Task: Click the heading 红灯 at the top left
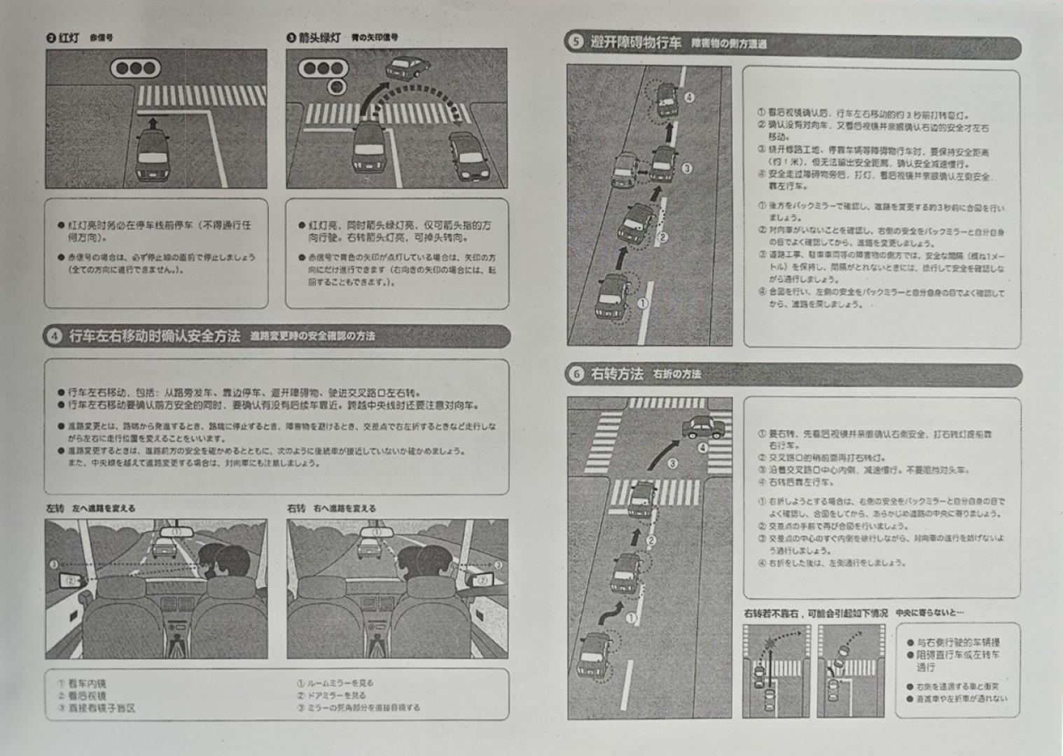click(x=69, y=38)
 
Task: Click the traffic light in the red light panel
click(x=136, y=69)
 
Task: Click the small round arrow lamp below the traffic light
click(x=337, y=87)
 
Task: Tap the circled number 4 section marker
click(x=54, y=337)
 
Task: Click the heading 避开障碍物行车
click(x=635, y=43)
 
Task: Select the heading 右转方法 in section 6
click(x=617, y=374)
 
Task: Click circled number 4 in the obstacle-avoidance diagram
click(x=689, y=97)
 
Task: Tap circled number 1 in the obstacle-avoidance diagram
click(x=642, y=302)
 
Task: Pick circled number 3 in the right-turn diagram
click(x=672, y=463)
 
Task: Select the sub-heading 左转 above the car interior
click(x=55, y=507)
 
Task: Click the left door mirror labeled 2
click(x=71, y=580)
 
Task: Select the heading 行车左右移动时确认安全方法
click(x=154, y=337)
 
